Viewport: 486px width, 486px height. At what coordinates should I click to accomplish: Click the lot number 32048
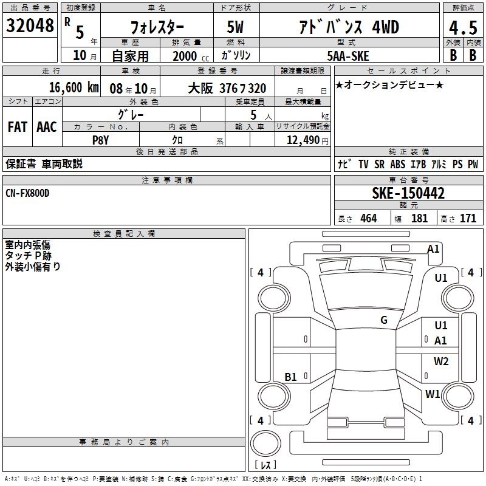(30, 26)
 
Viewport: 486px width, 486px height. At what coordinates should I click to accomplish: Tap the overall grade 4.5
(463, 27)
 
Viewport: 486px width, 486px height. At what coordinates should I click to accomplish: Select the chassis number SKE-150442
(408, 193)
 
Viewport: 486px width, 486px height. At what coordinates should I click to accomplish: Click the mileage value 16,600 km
(74, 87)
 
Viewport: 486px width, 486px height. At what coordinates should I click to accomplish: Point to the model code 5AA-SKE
(348, 56)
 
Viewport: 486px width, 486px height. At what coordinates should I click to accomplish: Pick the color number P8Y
(101, 140)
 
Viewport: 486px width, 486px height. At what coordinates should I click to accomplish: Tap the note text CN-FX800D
(27, 193)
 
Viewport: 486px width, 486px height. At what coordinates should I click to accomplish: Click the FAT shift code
(18, 127)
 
